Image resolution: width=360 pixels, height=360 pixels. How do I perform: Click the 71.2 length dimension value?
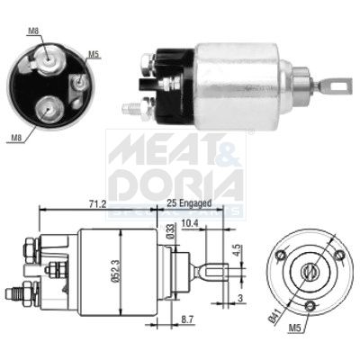96,205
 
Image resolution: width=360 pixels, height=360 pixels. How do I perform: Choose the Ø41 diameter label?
272,312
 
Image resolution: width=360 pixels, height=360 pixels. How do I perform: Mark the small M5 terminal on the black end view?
80,79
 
